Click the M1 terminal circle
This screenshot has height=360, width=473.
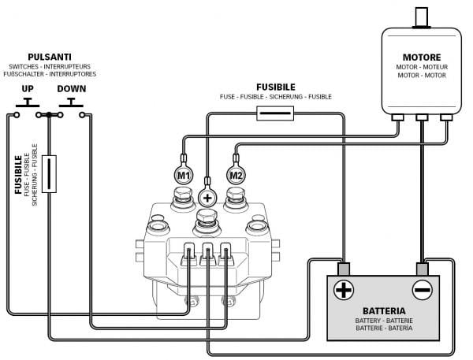tap(183, 174)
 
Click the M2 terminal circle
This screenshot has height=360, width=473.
tap(236, 174)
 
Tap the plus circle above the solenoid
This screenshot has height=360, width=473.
tap(208, 196)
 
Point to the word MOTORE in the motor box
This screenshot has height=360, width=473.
tap(422, 58)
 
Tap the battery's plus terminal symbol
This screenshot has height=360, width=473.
tap(344, 290)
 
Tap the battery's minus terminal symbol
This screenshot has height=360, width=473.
tap(423, 290)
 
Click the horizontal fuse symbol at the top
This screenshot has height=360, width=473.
tap(275, 114)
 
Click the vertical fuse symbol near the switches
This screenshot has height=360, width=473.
tap(49, 174)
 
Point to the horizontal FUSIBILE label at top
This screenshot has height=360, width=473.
tap(276, 87)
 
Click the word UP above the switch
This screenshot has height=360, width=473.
tap(28, 88)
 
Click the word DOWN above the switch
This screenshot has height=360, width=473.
tap(72, 88)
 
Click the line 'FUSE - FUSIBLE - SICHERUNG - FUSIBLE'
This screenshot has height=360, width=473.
tap(276, 96)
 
